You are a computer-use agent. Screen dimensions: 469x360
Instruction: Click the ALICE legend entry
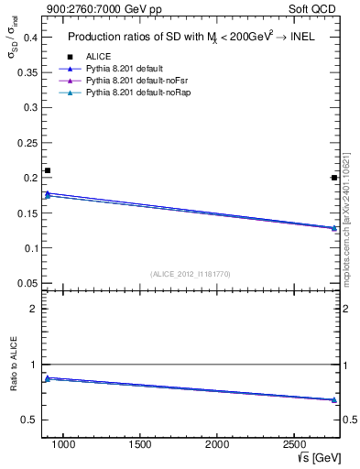pyautogui.click(x=98, y=57)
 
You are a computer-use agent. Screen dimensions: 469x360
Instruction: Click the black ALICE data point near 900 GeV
pyautogui.click(x=48, y=170)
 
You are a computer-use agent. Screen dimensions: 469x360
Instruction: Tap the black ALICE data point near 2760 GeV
pyautogui.click(x=334, y=178)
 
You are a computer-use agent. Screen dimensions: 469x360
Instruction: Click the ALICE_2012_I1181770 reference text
pyautogui.click(x=191, y=274)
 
